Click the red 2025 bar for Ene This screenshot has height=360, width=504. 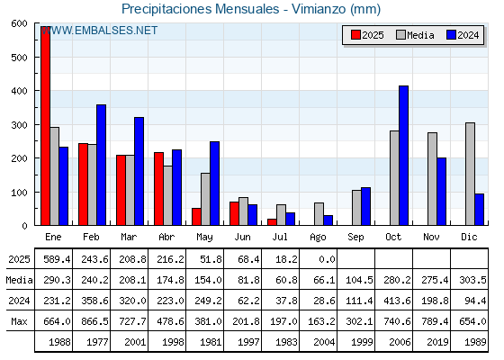[46, 126]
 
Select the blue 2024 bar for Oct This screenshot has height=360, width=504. [404, 156]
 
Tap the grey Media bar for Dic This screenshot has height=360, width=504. [470, 174]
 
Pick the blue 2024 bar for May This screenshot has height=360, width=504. [215, 184]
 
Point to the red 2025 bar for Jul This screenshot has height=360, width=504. [272, 222]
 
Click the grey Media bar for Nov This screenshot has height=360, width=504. [432, 179]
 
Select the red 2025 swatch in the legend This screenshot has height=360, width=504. [355, 35]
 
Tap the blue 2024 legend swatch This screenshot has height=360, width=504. [451, 35]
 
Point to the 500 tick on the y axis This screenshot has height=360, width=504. [19, 58]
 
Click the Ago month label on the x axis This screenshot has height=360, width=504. [318, 238]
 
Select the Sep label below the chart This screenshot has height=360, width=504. [355, 238]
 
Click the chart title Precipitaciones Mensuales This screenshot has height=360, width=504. [201, 9]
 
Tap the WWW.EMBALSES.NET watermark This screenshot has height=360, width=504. [99, 31]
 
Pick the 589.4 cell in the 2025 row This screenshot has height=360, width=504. [57, 259]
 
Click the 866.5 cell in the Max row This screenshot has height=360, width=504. [94, 321]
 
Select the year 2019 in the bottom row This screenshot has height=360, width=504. [437, 342]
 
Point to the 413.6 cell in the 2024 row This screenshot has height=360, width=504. [397, 301]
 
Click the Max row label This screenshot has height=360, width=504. [19, 321]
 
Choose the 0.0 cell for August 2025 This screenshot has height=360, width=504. [327, 259]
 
